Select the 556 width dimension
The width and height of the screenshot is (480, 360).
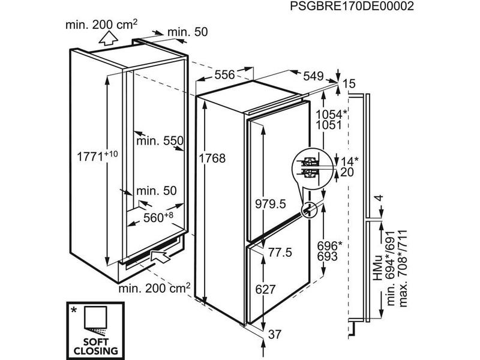coord(224,75)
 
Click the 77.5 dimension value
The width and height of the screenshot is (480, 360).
coord(279,253)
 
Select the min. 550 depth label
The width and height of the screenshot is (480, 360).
coord(159,141)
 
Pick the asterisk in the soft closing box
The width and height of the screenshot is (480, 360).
coord(74,310)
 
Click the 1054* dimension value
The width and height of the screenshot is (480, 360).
coord(329,115)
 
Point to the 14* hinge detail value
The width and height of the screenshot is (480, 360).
coord(349,160)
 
